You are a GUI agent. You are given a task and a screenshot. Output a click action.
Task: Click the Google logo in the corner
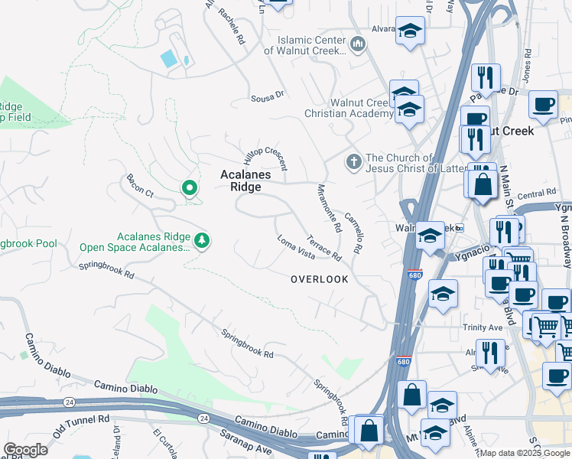tap(25, 450)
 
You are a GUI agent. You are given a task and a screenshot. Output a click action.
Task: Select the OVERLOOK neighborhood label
tap(319, 279)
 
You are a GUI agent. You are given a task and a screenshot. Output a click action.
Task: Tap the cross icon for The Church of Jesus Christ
tap(353, 162)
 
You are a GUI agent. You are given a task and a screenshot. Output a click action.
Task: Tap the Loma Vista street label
tap(296, 246)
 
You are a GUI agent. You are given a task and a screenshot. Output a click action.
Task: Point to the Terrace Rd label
tap(323, 246)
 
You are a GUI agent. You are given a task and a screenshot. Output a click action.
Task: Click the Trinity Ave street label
tap(483, 327)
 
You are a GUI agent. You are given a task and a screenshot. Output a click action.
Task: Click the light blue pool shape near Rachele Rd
tap(168, 58)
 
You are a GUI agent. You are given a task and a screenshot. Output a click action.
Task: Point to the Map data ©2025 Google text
tap(524, 453)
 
